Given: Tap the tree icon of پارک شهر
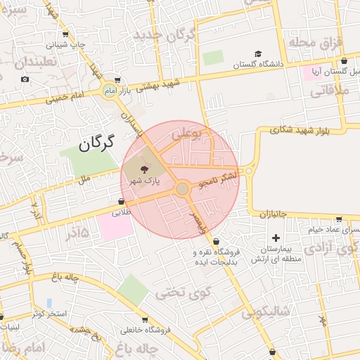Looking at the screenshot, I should pos(145,169).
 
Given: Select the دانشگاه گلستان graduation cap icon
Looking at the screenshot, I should pos(258,54).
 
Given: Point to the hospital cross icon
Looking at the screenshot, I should pos(276,238).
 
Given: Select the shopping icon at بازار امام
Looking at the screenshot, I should pos(117,80).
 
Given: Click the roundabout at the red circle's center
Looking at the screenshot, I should pos(183,188).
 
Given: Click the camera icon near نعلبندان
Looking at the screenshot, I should pos(25,79).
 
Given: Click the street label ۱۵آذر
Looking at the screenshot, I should pos(79,230).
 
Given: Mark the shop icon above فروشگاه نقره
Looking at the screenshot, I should pos(216,241).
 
